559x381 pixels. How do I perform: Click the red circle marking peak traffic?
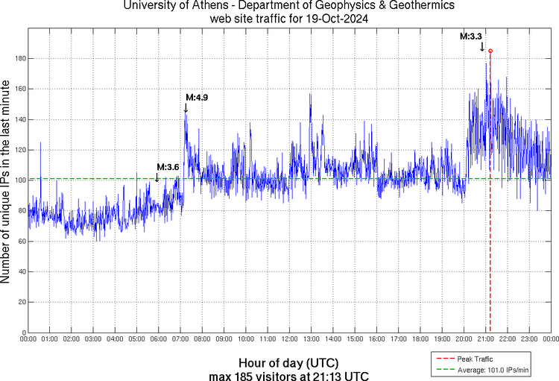point(490,51)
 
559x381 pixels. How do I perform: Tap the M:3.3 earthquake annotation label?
point(471,36)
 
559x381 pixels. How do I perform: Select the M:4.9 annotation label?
point(197,97)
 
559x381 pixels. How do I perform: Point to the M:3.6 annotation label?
point(168,167)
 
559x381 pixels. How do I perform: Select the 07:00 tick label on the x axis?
point(181,339)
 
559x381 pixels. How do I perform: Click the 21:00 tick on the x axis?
point(486,339)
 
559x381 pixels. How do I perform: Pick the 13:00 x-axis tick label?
point(312,339)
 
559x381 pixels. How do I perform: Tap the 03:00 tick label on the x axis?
point(94,339)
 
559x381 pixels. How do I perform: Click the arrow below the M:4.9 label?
point(186,108)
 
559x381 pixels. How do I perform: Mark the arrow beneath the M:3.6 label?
point(157,177)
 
